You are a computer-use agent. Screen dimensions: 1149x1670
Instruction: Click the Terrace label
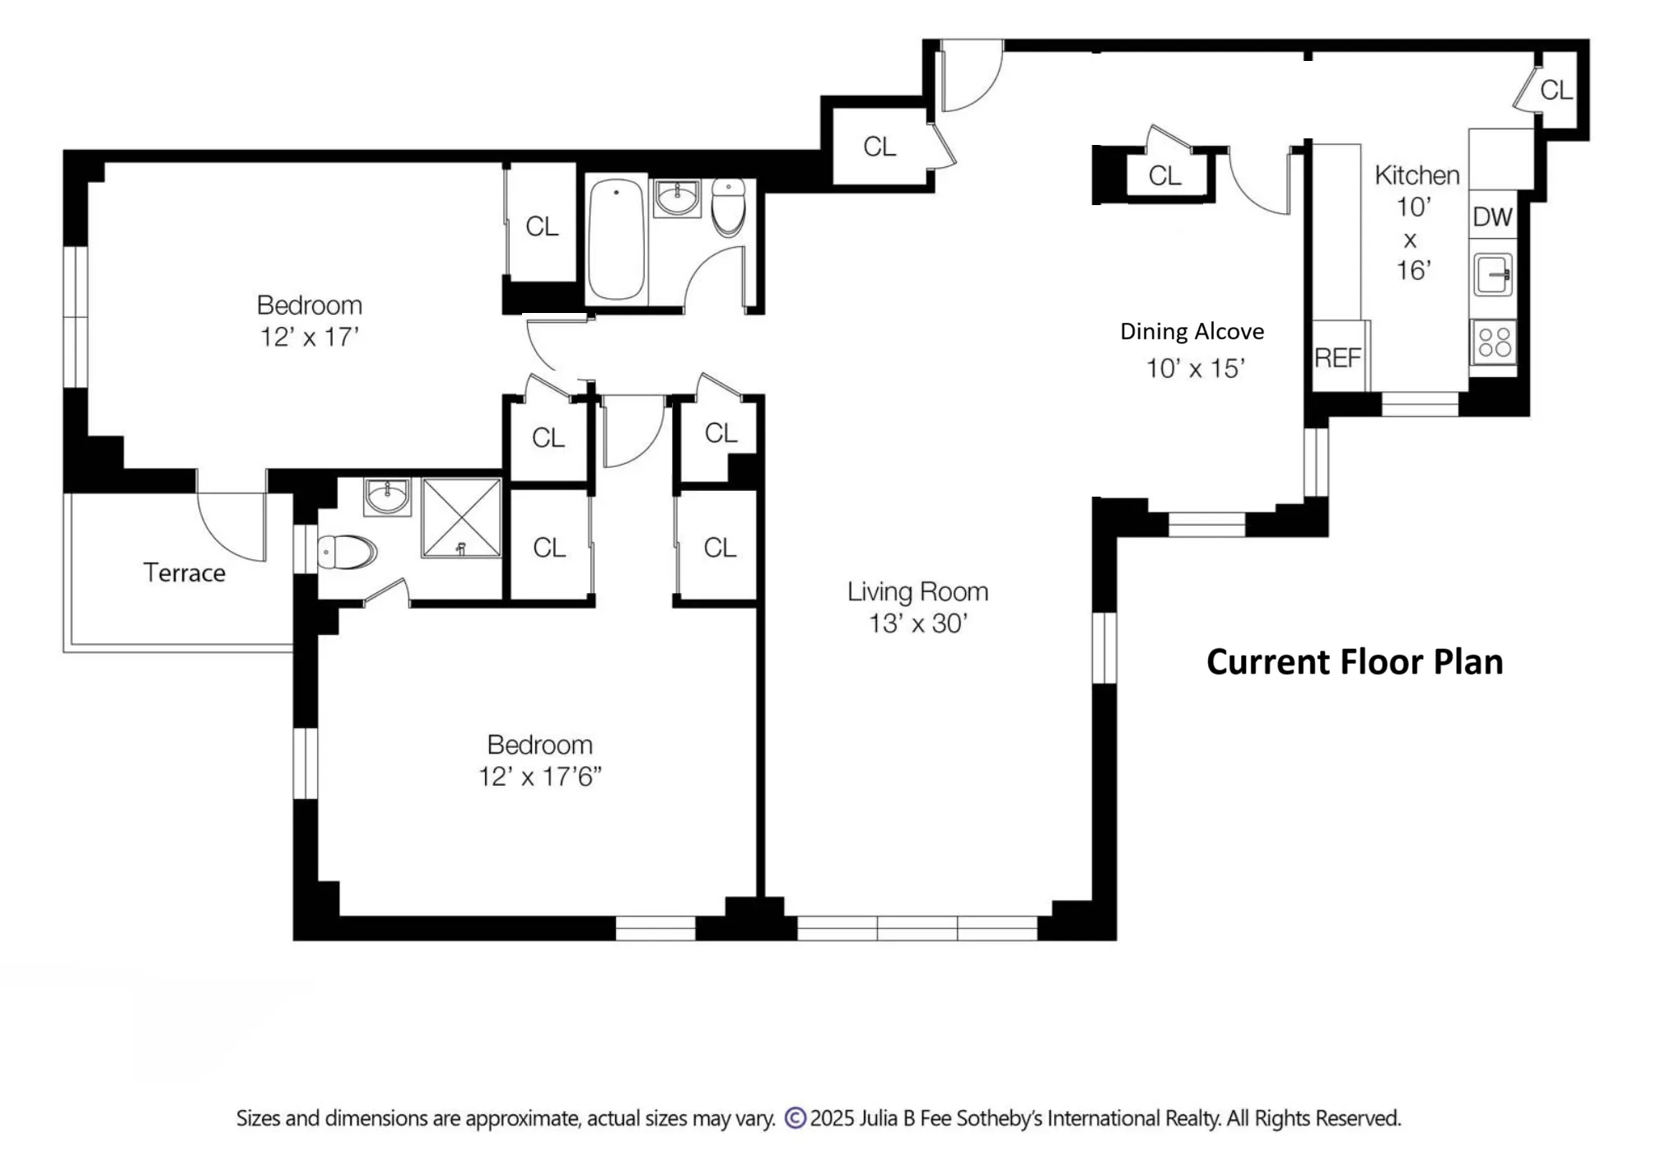coord(184,572)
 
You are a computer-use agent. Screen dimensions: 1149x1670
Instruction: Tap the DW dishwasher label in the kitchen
coord(1492,217)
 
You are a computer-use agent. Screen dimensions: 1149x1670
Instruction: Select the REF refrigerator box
coord(1337,357)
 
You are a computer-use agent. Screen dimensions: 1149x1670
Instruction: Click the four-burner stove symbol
coord(1494,342)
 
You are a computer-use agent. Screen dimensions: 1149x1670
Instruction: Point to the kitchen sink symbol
coord(1493,275)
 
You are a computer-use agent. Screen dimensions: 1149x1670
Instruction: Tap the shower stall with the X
coord(461,518)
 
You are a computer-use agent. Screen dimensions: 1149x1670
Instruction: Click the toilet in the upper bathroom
coord(728,206)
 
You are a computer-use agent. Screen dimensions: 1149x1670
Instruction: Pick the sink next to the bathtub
coord(677,198)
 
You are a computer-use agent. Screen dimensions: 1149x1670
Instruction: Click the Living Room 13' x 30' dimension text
coord(917,624)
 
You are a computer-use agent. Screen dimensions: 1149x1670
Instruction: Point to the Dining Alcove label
coord(1192,331)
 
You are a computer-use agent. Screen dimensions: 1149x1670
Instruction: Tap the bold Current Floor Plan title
coord(1354,662)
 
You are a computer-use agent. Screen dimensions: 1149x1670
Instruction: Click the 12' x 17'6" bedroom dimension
coord(540,777)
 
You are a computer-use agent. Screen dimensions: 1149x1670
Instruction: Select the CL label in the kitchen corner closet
coord(1556,90)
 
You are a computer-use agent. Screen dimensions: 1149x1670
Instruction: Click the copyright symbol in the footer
coord(795,1118)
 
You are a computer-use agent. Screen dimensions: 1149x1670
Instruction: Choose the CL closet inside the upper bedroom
coord(541,226)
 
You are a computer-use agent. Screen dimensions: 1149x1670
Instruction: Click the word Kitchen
coord(1416,175)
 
